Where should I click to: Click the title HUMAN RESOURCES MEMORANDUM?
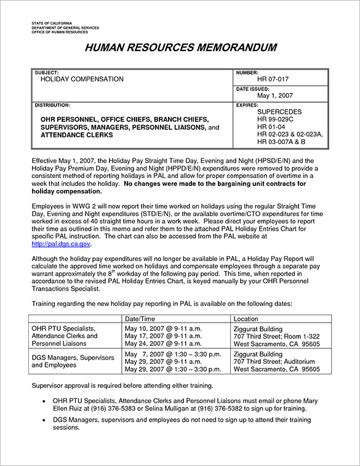(180, 48)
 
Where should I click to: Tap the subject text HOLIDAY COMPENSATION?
(82, 79)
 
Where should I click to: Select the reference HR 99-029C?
(279, 119)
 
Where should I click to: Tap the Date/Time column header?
(140, 319)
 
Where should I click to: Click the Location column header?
(246, 319)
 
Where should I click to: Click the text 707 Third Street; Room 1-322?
(277, 336)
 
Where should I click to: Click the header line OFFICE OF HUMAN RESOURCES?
(60, 32)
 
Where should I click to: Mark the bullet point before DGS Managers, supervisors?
(46, 419)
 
